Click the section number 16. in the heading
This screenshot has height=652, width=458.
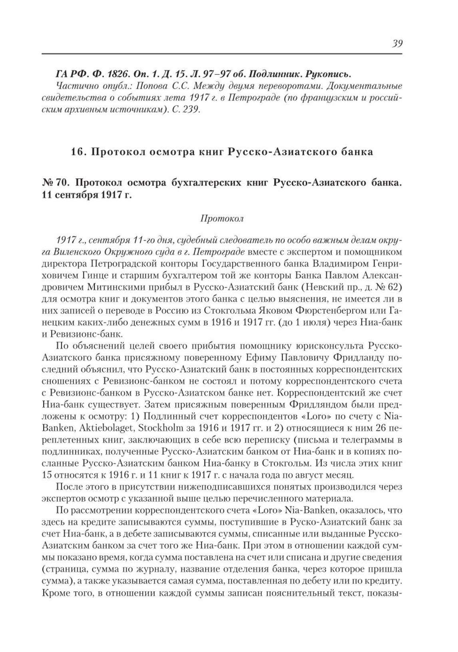click(x=78, y=152)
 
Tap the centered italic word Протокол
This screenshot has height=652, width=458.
click(x=221, y=219)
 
